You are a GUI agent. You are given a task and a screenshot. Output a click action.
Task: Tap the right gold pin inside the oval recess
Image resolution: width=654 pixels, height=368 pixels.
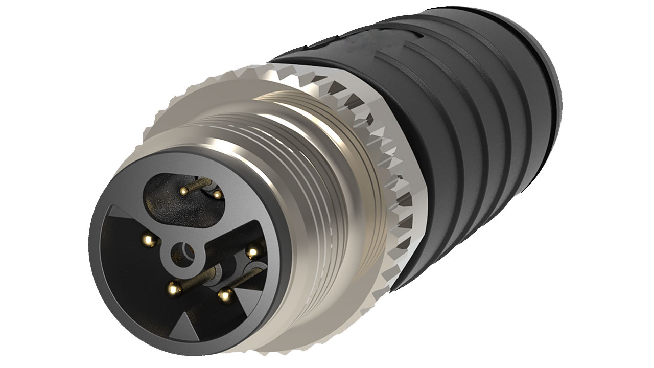pos(217,194)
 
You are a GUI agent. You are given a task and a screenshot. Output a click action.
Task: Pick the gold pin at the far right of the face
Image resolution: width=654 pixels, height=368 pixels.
pos(251,251)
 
